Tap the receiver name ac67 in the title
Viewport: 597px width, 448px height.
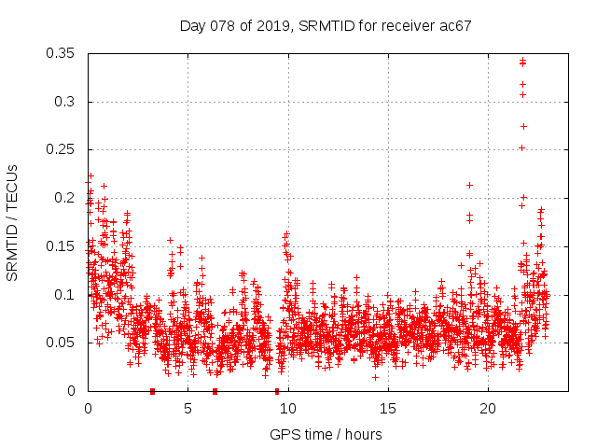[x=454, y=25]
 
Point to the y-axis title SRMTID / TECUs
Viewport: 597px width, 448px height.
[x=13, y=222]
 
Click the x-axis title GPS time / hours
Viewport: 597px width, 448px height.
[x=326, y=434]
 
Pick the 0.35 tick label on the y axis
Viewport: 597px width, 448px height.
[x=61, y=53]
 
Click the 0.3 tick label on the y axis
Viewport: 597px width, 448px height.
[x=64, y=102]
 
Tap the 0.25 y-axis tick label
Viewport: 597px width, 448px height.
[x=61, y=149]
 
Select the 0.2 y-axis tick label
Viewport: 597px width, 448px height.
[x=64, y=198]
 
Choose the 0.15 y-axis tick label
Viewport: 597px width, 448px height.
[x=61, y=246]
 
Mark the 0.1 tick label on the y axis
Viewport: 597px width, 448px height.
[x=64, y=295]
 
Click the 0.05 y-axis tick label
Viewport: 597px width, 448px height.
[x=61, y=343]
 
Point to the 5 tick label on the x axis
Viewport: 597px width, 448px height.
[x=187, y=409]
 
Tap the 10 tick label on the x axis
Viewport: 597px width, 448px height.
[x=287, y=409]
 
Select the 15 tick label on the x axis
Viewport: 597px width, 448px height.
[x=388, y=409]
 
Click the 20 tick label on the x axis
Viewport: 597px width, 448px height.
[x=488, y=409]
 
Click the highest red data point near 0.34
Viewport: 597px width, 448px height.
[x=522, y=61]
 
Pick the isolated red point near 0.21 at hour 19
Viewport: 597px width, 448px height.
[x=469, y=185]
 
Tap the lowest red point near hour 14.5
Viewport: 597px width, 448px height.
[x=375, y=377]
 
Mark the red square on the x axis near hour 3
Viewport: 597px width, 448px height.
[x=152, y=391]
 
